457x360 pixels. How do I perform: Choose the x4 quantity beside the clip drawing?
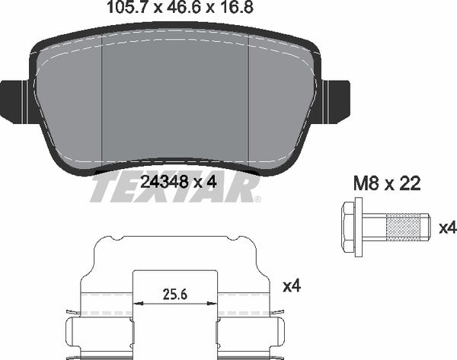tap(292, 286)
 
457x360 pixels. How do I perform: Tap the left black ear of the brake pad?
tap(14, 101)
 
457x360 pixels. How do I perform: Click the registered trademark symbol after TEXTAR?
tap(256, 199)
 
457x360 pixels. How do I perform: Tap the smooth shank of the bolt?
tap(374, 226)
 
